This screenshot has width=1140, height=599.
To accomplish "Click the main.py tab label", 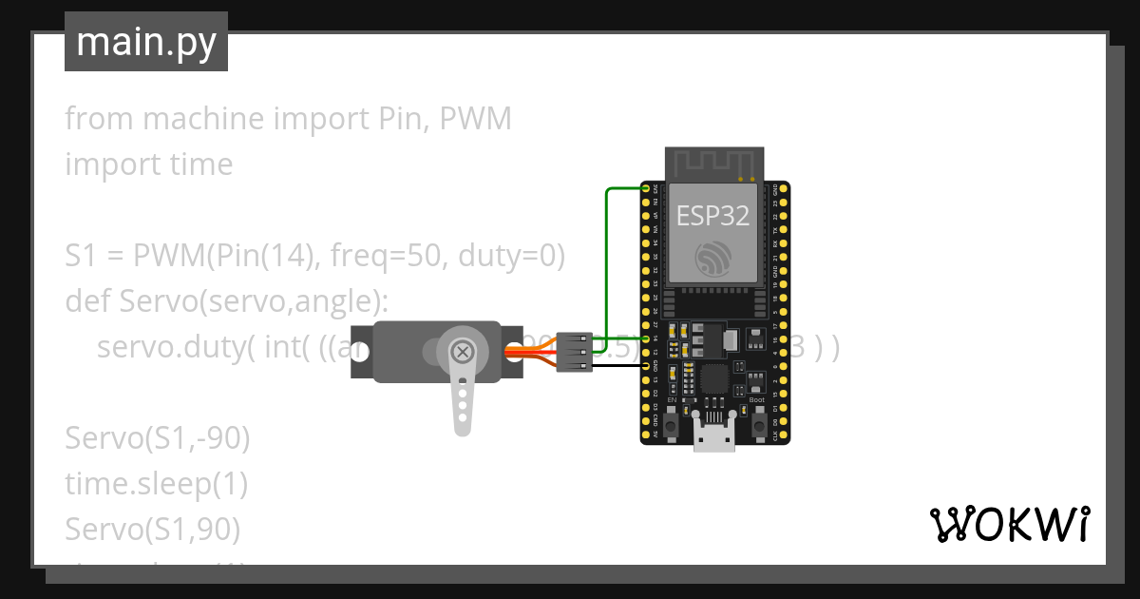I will [x=146, y=42].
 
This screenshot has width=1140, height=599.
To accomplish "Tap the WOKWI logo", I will [x=1009, y=524].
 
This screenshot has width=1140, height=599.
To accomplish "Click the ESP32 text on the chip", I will [x=712, y=215].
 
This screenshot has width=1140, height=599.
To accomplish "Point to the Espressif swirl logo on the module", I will [x=712, y=260].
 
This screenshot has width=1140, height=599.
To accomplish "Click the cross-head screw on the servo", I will [x=463, y=352].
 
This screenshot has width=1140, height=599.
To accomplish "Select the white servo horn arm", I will [x=462, y=399].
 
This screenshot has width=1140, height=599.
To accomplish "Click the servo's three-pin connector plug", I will [x=574, y=352].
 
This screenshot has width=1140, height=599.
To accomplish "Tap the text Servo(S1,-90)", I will [x=158, y=438].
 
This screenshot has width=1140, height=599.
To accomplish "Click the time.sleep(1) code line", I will [x=157, y=484].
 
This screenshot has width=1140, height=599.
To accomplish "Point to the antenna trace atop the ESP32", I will [x=713, y=163].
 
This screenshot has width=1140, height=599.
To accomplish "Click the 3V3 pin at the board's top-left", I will [x=647, y=189].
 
